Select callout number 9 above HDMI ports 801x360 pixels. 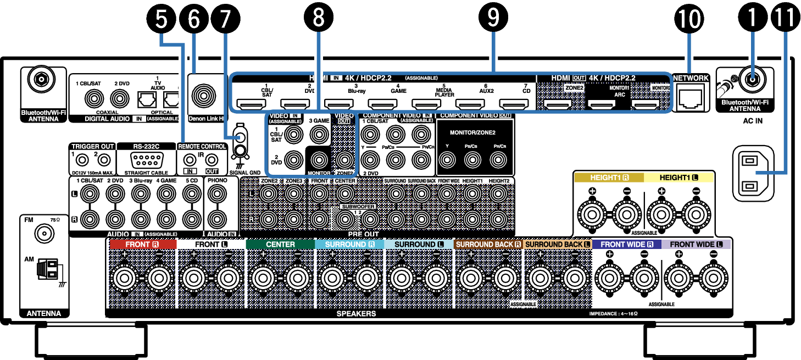(493, 19)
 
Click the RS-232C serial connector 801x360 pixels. (146, 162)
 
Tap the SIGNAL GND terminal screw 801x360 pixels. (240, 150)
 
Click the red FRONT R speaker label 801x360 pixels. (142, 244)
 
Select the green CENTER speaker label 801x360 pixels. (280, 244)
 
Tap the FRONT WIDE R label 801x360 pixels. (627, 244)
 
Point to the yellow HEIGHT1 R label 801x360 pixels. (608, 178)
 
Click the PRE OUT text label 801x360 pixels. (363, 234)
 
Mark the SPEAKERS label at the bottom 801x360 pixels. (357, 314)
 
